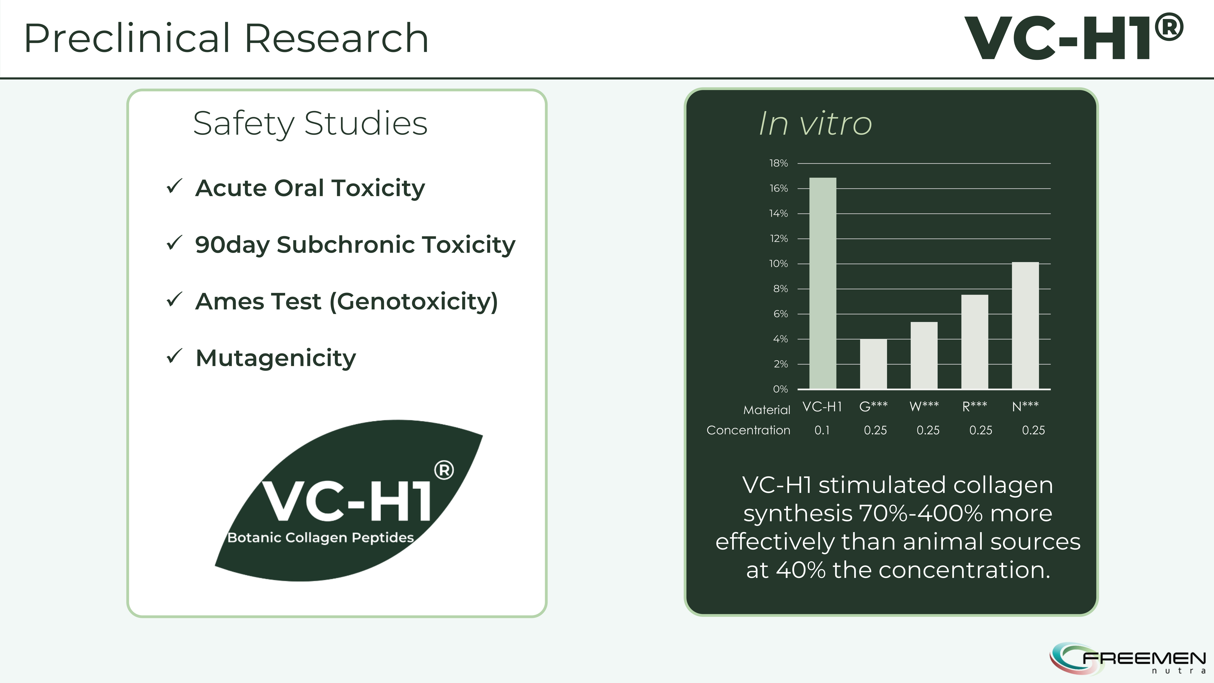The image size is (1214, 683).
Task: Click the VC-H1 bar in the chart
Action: coord(823,283)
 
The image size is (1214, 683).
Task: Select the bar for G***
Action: coord(873,364)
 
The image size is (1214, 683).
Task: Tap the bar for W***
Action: coord(924,355)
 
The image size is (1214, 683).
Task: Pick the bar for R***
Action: coord(975,342)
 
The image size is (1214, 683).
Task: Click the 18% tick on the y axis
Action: coord(779,163)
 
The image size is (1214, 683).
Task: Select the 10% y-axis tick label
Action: coord(779,263)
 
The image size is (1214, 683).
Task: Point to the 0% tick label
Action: coord(780,389)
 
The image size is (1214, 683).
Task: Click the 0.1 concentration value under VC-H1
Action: coord(822,430)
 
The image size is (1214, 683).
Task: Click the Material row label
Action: coord(767,410)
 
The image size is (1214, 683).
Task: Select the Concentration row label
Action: coord(748,430)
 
